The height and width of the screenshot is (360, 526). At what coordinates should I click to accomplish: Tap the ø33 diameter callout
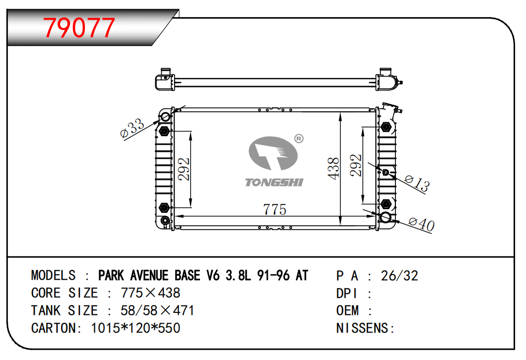(132, 128)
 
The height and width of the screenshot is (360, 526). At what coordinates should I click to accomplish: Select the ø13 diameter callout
(417, 183)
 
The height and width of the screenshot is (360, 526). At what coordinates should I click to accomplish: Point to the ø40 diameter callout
(422, 224)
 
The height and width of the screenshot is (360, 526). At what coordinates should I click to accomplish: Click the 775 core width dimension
(275, 209)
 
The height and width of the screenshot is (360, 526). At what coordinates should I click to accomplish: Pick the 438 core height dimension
(333, 168)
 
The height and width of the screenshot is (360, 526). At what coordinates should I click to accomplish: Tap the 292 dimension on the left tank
(184, 169)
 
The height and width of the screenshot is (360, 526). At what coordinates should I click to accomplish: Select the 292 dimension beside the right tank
(356, 165)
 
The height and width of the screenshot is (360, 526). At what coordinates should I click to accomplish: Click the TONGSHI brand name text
(274, 182)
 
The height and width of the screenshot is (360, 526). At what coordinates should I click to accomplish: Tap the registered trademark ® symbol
(298, 138)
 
